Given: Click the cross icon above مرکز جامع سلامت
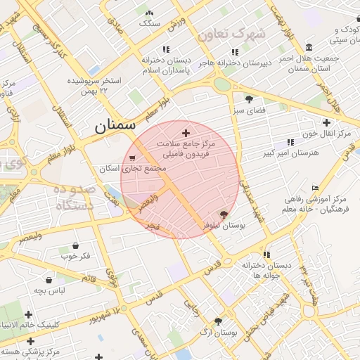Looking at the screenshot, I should click(186, 133).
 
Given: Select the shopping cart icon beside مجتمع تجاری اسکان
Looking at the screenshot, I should click(132, 157).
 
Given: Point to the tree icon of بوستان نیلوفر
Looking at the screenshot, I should click(224, 214).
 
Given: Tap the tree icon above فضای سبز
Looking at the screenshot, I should click(249, 99).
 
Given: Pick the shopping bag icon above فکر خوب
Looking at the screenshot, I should click(75, 245).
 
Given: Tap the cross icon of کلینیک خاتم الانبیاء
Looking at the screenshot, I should click(29, 314).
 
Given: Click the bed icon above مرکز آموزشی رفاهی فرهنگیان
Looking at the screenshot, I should click(314, 188).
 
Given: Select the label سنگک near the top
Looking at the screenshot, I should click(150, 23).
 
